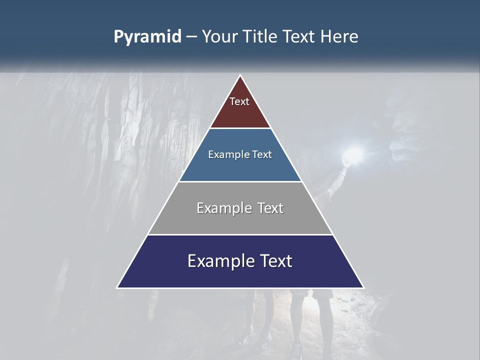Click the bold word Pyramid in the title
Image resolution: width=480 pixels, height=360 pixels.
147,37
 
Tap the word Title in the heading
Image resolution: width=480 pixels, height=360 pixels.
261,36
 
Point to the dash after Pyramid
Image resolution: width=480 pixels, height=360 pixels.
191,37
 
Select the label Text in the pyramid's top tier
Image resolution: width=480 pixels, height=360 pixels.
239,101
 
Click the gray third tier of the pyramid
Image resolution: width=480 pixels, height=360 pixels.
240,220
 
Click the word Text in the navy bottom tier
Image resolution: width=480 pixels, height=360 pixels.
274,261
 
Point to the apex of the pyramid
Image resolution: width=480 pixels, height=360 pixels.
240,76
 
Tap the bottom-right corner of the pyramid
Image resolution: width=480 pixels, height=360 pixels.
363,287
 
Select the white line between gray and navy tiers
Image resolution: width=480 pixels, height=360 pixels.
240,234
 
